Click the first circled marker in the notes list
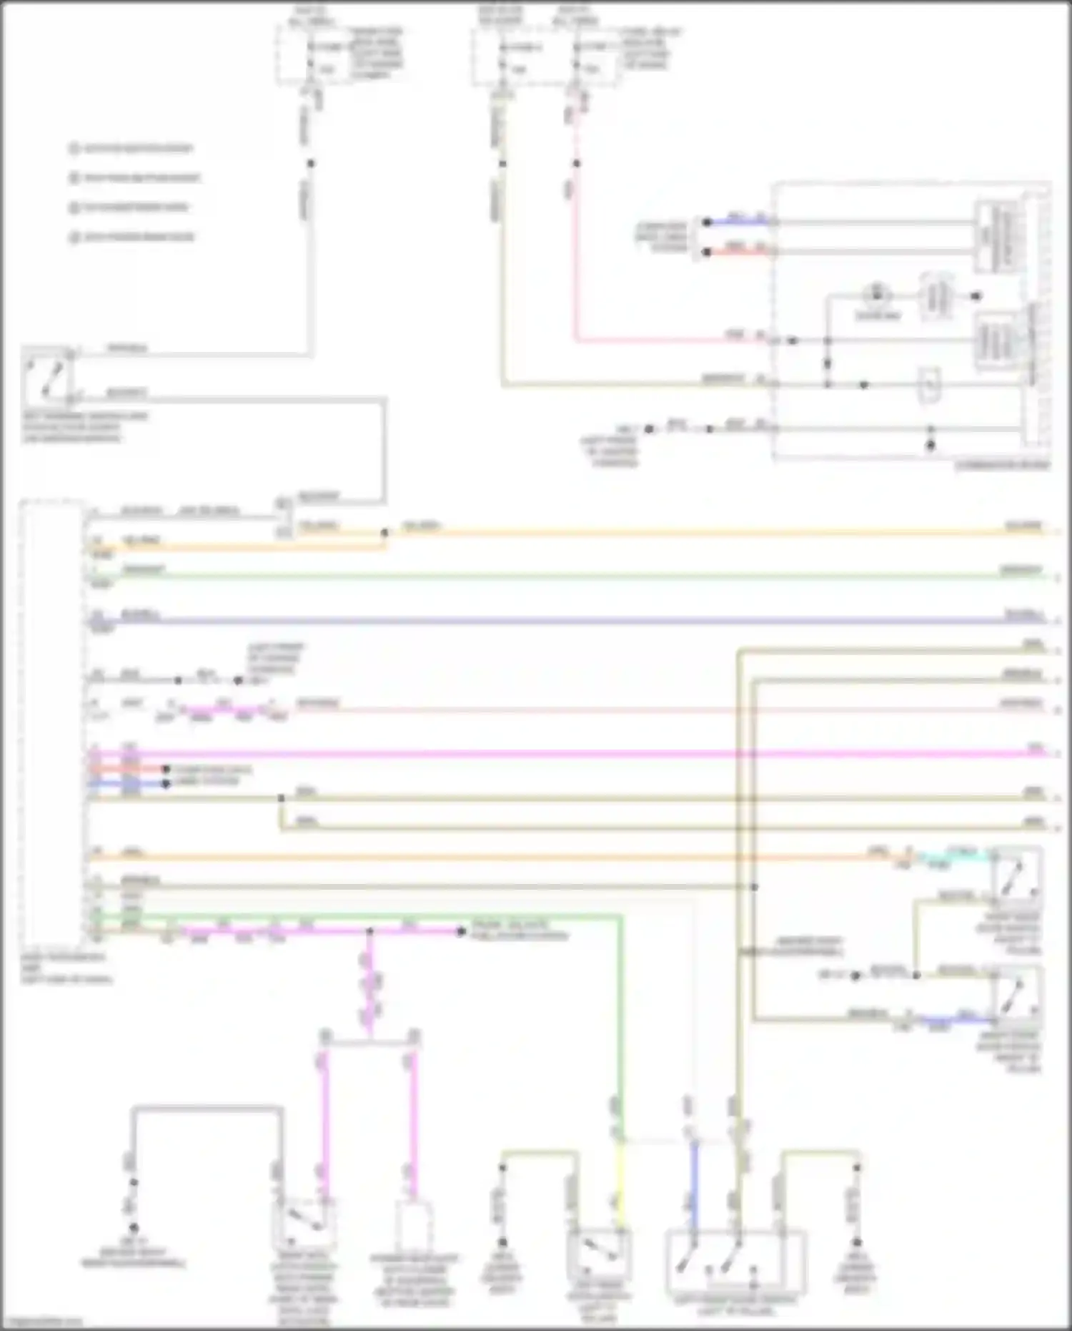pyautogui.click(x=74, y=149)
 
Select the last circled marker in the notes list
pyautogui.click(x=74, y=237)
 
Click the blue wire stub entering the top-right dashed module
pyautogui.click(x=736, y=222)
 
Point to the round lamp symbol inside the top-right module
pyautogui.click(x=874, y=295)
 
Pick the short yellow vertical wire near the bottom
pyautogui.click(x=620, y=1187)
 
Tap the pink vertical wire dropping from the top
pyautogui.click(x=575, y=250)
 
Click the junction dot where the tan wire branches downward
pyautogui.click(x=281, y=797)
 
